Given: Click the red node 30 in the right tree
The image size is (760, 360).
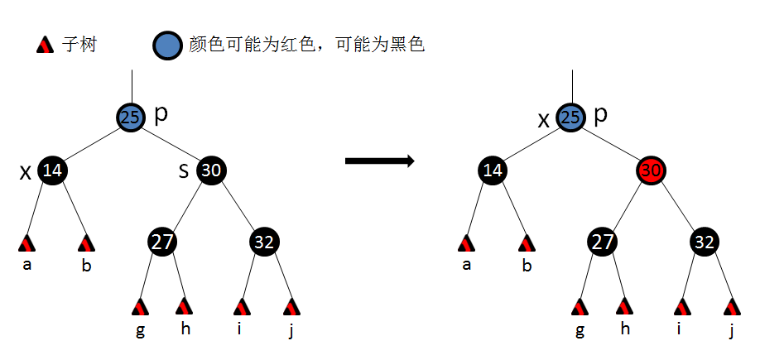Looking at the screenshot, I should [652, 171].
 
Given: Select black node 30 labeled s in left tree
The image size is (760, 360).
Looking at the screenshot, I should [212, 171].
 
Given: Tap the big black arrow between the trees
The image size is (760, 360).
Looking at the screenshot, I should [379, 161].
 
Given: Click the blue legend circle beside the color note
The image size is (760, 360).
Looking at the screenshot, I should [167, 46].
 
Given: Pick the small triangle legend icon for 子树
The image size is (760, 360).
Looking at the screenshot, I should [46, 45].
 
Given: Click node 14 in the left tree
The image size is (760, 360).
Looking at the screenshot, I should [52, 171].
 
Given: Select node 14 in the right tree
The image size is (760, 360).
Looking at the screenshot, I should [493, 171].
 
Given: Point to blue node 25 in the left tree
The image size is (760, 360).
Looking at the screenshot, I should [131, 118].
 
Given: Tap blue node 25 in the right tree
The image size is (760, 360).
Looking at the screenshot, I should [570, 118].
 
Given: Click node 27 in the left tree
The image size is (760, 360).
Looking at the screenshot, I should [163, 242].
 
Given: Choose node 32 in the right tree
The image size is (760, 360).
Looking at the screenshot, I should [705, 242].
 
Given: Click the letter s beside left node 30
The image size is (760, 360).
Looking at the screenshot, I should [184, 171].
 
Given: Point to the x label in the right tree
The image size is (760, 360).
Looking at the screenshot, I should [544, 120].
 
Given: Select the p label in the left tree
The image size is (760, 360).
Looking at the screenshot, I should [161, 113].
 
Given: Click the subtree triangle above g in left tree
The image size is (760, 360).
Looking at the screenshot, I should [139, 307].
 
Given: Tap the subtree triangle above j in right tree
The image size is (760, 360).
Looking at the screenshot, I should [731, 307].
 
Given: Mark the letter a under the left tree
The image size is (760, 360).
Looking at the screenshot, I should [26, 266].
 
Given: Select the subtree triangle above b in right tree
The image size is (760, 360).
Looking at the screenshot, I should [527, 243].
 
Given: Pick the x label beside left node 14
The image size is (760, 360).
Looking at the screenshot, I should [26, 172].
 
